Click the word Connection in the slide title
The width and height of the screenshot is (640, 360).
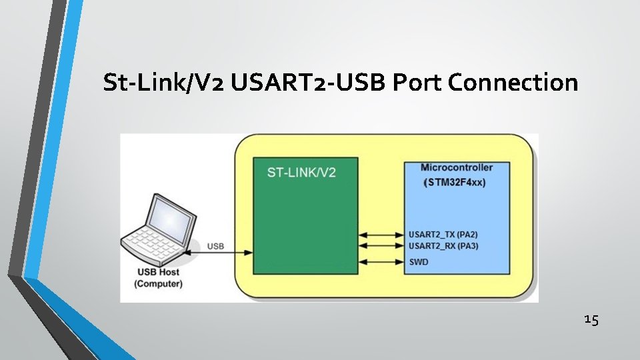(513, 83)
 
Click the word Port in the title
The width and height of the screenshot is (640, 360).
(417, 83)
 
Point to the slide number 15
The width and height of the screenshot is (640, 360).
(591, 320)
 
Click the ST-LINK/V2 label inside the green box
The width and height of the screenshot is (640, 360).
(301, 172)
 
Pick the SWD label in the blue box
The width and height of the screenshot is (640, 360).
(419, 262)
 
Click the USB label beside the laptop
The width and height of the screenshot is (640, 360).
(215, 246)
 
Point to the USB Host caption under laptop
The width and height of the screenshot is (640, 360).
(158, 273)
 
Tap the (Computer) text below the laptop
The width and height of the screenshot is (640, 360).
(158, 285)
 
